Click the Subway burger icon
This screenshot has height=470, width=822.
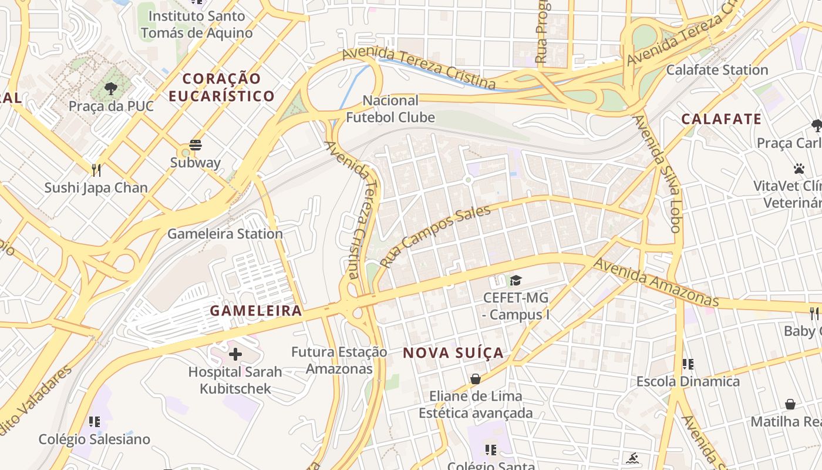point(196,145)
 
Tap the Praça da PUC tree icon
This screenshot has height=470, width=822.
point(111,89)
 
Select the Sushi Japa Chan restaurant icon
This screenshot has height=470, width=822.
point(96,170)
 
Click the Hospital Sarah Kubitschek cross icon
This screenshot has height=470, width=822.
point(235,354)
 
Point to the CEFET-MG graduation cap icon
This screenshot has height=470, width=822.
point(516,280)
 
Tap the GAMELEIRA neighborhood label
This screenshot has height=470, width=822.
point(256,310)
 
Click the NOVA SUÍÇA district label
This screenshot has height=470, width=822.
point(453,352)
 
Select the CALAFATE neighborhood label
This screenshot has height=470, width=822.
point(721,119)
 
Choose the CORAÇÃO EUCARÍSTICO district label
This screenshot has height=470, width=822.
point(222,87)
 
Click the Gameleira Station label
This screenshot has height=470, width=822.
point(225,234)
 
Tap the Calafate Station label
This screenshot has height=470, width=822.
point(716,70)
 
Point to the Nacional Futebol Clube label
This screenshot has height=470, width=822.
point(390,109)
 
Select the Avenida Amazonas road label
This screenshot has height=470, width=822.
point(655,282)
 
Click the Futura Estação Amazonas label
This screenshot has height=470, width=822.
point(339,360)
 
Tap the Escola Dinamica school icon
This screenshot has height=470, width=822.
point(688,364)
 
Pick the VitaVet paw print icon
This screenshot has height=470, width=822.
point(799,169)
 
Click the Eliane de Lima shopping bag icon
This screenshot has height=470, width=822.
point(476,379)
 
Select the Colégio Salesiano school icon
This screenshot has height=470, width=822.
point(94,422)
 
